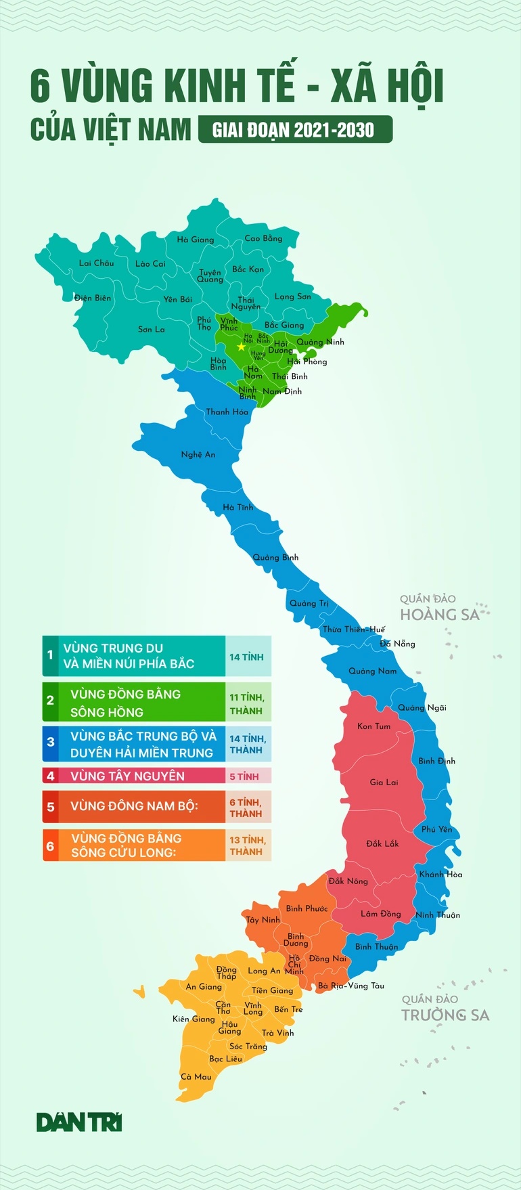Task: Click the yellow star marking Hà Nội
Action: tap(241, 347)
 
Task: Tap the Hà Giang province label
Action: tap(195, 240)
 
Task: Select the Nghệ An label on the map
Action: tap(198, 455)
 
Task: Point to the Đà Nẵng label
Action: tap(397, 644)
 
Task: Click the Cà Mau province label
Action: tap(196, 1077)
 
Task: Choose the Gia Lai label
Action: tap(384, 783)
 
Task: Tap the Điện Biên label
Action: tap(93, 298)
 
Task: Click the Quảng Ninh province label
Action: tap(320, 343)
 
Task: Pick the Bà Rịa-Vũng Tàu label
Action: tap(351, 986)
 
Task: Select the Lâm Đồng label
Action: tap(380, 914)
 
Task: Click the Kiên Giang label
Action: tap(194, 1019)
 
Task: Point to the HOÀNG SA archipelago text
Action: tap(439, 615)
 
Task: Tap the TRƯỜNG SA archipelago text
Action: tap(445, 1015)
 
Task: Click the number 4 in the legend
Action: tap(50, 776)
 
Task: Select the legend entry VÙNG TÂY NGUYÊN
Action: tap(127, 776)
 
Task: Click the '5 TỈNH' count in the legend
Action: tap(244, 776)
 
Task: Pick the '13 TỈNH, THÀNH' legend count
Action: tap(247, 846)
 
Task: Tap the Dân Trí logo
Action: tap(79, 1122)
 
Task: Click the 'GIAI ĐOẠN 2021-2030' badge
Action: tap(294, 129)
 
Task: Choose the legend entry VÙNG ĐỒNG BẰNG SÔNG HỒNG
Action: tap(126, 703)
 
